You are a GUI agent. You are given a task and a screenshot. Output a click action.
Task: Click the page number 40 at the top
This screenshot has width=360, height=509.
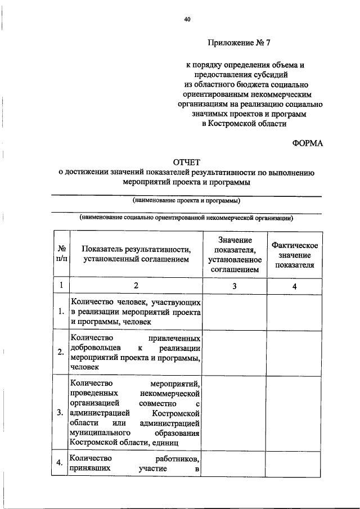(187, 20)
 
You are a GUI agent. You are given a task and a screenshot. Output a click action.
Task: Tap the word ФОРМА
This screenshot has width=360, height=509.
(307, 143)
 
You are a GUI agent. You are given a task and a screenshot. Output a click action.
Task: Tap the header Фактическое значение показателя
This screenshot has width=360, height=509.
(294, 255)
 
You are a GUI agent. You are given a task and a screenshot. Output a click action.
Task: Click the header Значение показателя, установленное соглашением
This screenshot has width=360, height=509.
(234, 255)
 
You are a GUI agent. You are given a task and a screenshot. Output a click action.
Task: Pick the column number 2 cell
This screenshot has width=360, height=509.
(135, 286)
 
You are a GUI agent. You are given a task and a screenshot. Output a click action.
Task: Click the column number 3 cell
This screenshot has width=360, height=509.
(234, 286)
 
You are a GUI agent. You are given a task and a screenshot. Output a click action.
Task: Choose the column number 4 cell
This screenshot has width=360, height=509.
(294, 286)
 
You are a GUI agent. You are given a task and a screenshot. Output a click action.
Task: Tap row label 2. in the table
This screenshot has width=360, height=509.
(60, 353)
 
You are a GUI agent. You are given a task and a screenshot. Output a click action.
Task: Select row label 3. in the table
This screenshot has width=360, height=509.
(60, 413)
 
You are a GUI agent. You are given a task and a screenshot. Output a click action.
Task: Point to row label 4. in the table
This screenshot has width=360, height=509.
(60, 463)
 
